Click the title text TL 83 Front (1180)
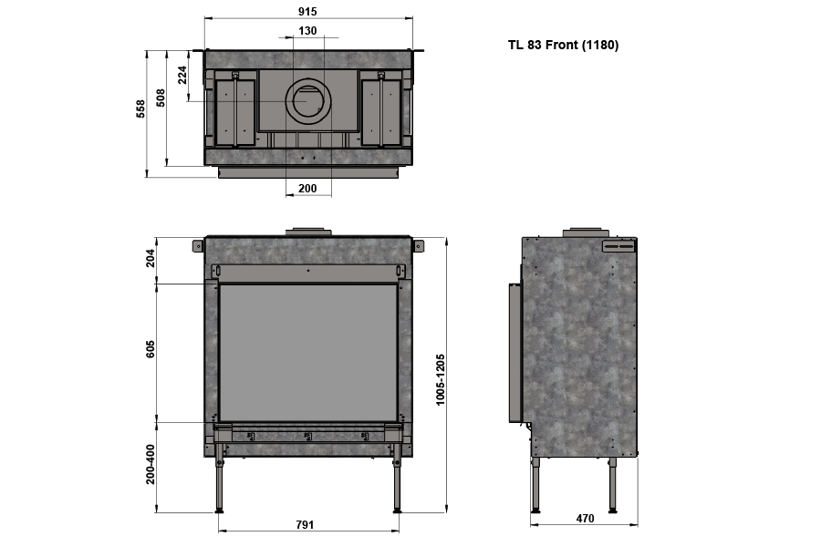click(563, 45)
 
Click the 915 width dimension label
click(308, 11)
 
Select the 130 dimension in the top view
click(308, 31)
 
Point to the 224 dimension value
click(182, 75)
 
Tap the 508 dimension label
click(161, 98)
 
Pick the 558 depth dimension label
click(140, 108)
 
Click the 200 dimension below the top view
click(307, 189)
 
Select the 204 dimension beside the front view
click(151, 258)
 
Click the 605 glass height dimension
click(151, 349)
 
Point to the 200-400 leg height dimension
click(151, 464)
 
